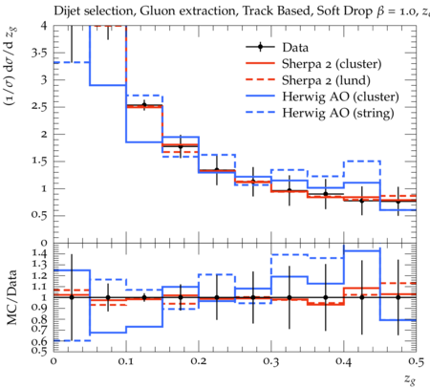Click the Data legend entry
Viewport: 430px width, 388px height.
pos(295,48)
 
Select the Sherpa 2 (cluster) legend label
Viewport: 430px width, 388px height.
pos(332,64)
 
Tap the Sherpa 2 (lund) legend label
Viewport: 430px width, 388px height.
pos(326,80)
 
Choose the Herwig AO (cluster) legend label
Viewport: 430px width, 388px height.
pos(340,97)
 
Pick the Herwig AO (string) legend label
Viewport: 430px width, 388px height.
pos(338,113)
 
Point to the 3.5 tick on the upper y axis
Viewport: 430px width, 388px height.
pos(39,53)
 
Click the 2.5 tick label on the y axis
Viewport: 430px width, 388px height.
pos(39,107)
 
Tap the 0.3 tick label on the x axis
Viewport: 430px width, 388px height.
pos(271,361)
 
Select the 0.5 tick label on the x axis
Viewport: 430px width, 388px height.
pos(416,361)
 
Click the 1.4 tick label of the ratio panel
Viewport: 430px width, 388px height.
pos(40,253)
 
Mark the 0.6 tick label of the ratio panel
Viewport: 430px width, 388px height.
pos(39,342)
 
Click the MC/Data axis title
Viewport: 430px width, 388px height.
pos(11,297)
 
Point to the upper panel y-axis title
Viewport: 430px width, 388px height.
pos(11,67)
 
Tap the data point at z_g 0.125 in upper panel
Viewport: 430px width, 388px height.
pos(144,105)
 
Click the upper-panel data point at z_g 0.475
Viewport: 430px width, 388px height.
pos(398,202)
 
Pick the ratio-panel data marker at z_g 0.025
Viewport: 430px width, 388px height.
pos(72,297)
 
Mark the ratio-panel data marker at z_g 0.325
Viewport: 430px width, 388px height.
pos(290,297)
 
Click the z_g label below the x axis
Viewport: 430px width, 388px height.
pos(410,378)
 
